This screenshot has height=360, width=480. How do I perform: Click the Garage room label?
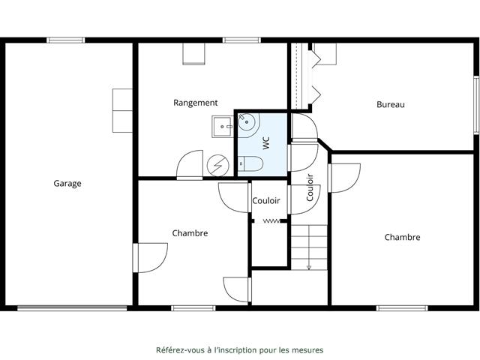click(x=67, y=183)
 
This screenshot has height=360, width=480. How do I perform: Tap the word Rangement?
click(x=196, y=103)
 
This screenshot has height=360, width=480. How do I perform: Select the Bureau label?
click(x=391, y=104)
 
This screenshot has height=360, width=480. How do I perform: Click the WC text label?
click(x=266, y=143)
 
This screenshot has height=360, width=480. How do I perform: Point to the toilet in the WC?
click(x=250, y=163)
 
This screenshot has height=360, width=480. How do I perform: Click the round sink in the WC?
click(x=247, y=123)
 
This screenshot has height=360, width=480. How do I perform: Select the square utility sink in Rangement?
click(x=223, y=127)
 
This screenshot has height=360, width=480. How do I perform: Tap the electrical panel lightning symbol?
click(x=218, y=166)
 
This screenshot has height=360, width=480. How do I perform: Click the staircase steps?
click(x=309, y=247)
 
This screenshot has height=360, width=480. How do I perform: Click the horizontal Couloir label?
click(x=266, y=201)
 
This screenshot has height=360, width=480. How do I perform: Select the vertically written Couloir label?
click(x=310, y=187)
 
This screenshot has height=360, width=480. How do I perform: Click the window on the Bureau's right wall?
click(x=476, y=104)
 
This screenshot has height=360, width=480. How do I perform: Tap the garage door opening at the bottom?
click(x=72, y=308)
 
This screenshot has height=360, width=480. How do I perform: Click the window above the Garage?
click(x=66, y=40)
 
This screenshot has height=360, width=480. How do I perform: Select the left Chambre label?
click(x=190, y=233)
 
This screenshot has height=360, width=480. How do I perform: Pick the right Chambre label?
click(x=402, y=237)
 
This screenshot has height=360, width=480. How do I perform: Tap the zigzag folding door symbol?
click(x=271, y=221)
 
